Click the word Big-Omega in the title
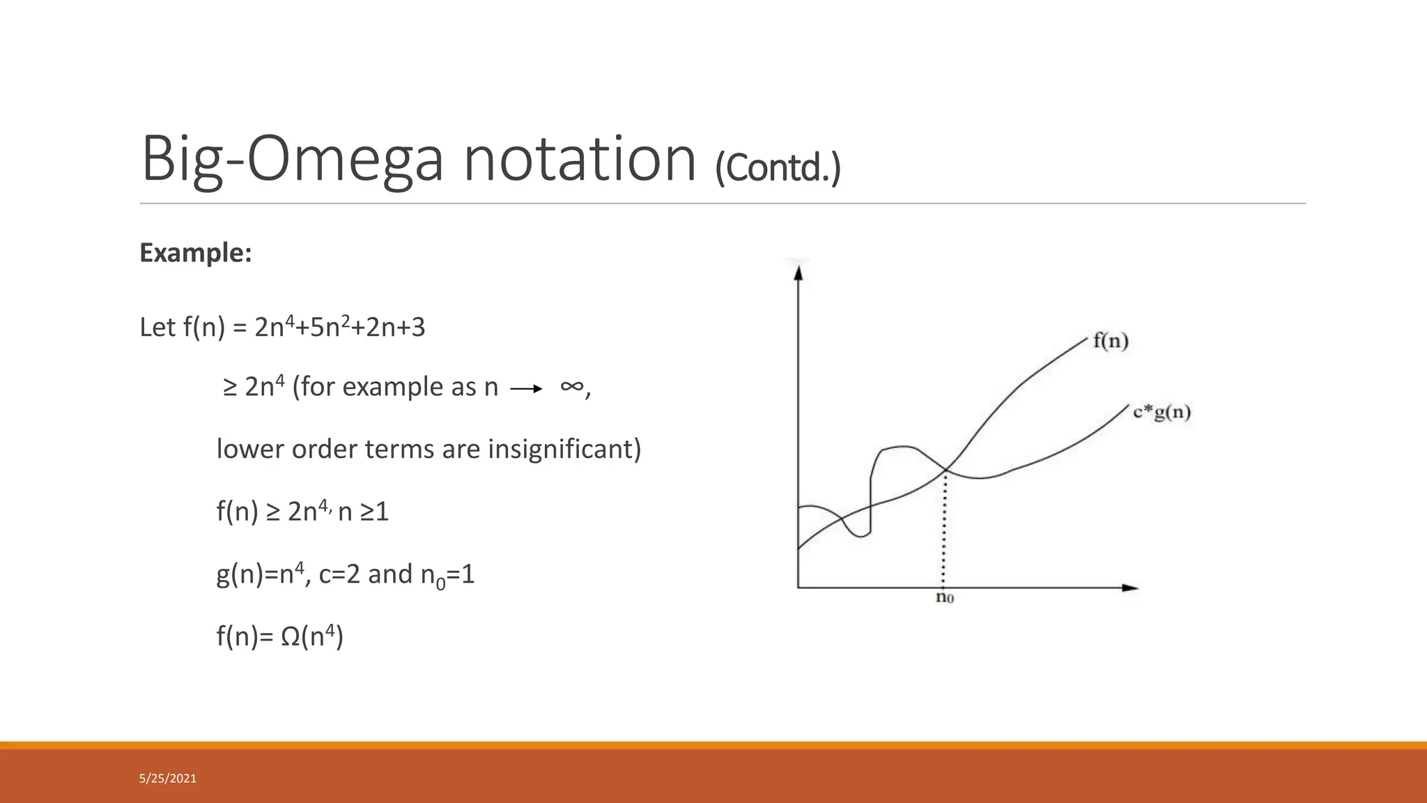292,160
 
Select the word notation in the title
580,160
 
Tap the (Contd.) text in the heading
778,167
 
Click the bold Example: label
195,252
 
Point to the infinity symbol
571,386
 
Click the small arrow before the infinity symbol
526,389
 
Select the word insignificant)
564,449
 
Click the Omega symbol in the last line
290,636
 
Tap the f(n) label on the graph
1110,341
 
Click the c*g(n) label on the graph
1162,412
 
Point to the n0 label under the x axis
944,597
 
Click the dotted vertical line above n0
943,530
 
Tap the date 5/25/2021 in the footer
168,779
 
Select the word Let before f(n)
157,327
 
